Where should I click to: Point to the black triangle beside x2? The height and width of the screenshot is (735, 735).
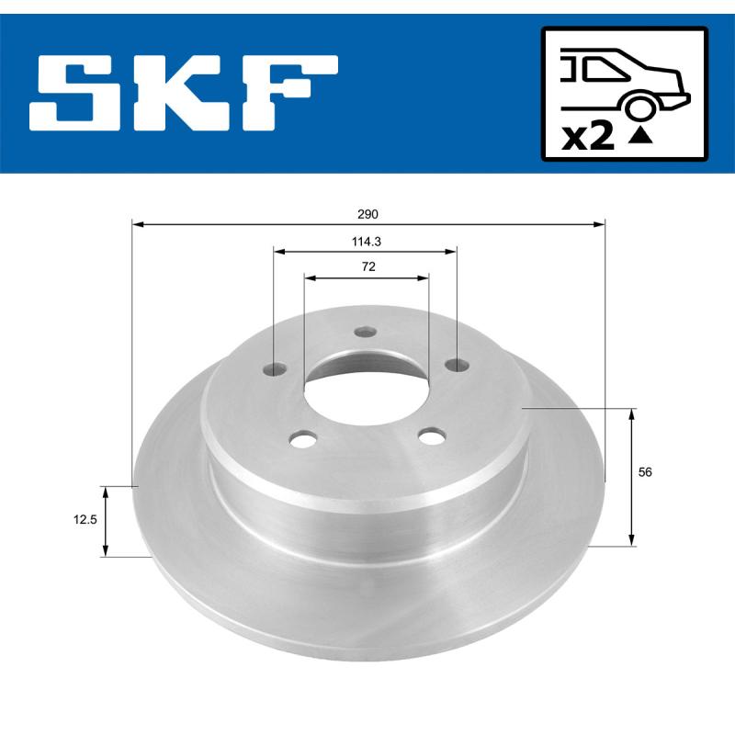click(x=642, y=137)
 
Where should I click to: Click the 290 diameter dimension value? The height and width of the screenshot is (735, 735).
click(x=368, y=214)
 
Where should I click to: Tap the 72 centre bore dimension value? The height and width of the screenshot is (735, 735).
click(x=367, y=266)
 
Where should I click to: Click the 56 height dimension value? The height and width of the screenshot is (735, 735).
click(x=645, y=471)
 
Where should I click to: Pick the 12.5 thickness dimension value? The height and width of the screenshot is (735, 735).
click(x=86, y=519)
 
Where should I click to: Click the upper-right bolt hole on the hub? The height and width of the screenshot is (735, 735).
click(x=455, y=366)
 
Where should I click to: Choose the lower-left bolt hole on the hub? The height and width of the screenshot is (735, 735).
click(x=300, y=440)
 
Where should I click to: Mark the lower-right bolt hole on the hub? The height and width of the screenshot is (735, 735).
click(x=428, y=436)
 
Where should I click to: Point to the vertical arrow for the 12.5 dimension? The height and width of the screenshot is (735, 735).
click(x=106, y=522)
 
